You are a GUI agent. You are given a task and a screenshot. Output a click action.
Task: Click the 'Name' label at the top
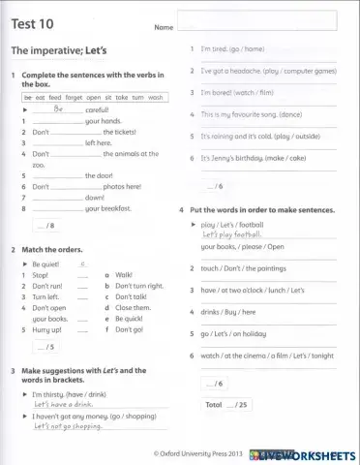click(164, 28)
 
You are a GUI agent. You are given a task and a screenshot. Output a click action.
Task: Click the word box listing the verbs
click(94, 98)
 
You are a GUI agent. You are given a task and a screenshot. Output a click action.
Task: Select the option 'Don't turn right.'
click(139, 286)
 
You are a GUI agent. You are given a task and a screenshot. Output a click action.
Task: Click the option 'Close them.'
click(134, 307)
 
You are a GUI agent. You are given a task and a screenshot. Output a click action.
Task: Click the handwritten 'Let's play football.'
click(232, 234)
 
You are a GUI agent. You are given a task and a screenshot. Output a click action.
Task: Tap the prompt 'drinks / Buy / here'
click(228, 312)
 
